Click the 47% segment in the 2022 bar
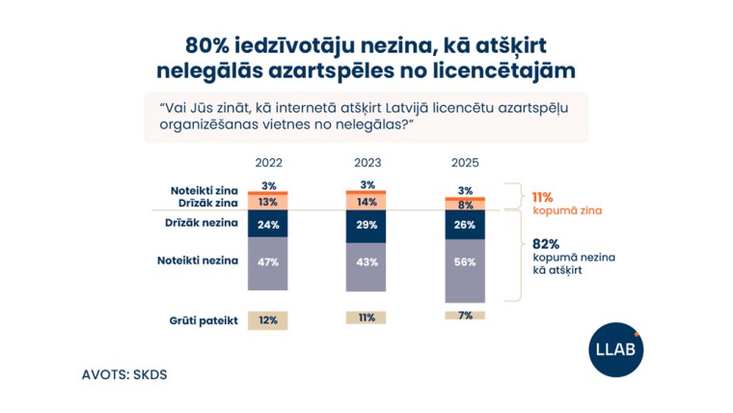pos(268,262)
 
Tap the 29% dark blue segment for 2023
pos(366,225)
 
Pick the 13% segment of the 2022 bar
pos(268,203)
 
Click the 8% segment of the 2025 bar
pos(465,206)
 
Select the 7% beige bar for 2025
pos(465,316)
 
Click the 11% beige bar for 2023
pos(366,317)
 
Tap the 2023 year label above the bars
pos(366,164)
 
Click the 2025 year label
pos(465,164)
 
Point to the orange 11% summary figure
pos(542,197)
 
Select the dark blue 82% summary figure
pos(545,245)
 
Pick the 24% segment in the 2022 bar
pos(268,225)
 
